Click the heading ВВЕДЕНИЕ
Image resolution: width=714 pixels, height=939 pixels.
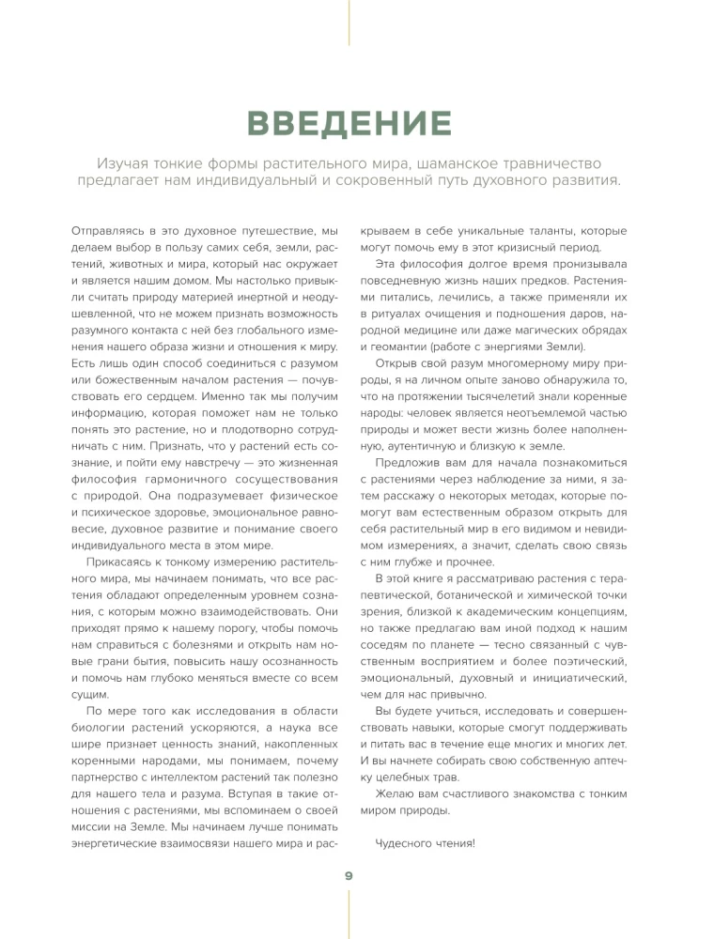348,123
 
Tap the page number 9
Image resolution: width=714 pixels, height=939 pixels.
349,875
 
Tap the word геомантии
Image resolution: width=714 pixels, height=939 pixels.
399,344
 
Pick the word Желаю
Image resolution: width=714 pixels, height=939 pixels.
395,793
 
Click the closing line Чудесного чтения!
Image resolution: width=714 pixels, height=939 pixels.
426,842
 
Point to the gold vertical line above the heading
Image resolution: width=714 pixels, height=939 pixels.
349,23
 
